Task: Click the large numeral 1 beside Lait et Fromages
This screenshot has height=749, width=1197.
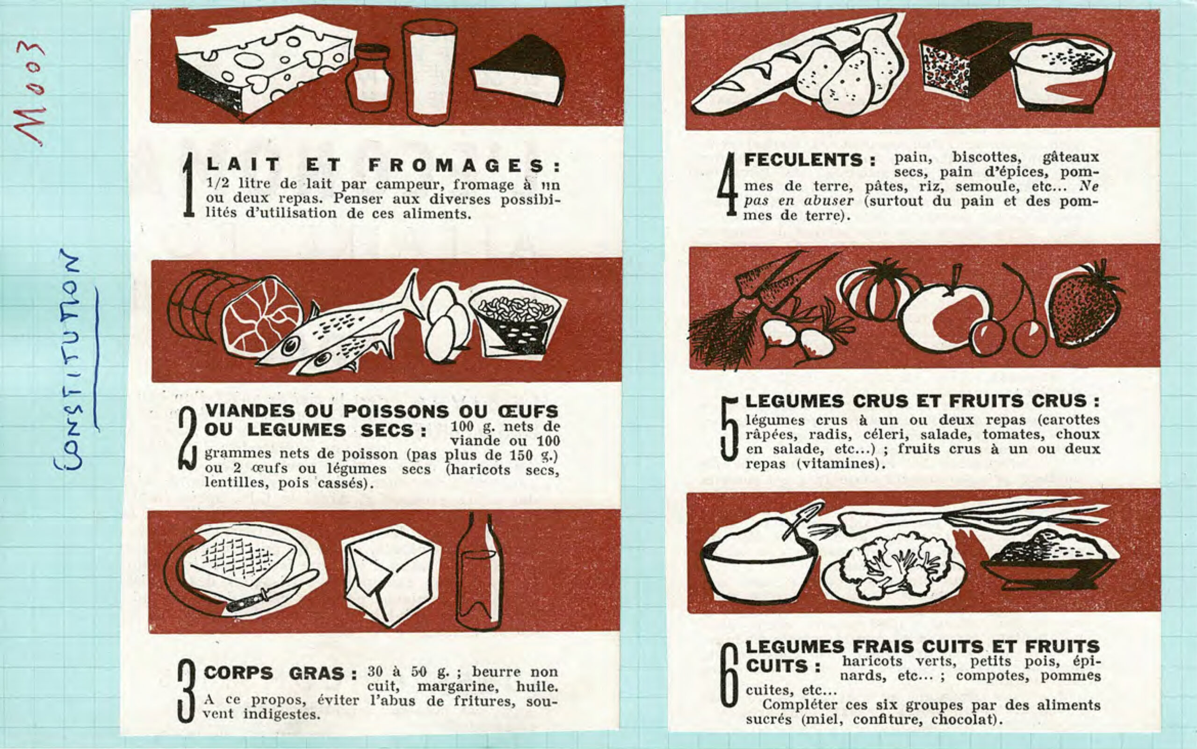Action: pos(189,184)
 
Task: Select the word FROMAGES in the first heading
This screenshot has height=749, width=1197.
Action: pos(464,165)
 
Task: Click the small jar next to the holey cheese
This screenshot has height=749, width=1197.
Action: pos(369,78)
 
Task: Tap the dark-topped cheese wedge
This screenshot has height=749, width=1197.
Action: pos(518,69)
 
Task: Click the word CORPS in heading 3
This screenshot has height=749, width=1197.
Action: pos(238,673)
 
